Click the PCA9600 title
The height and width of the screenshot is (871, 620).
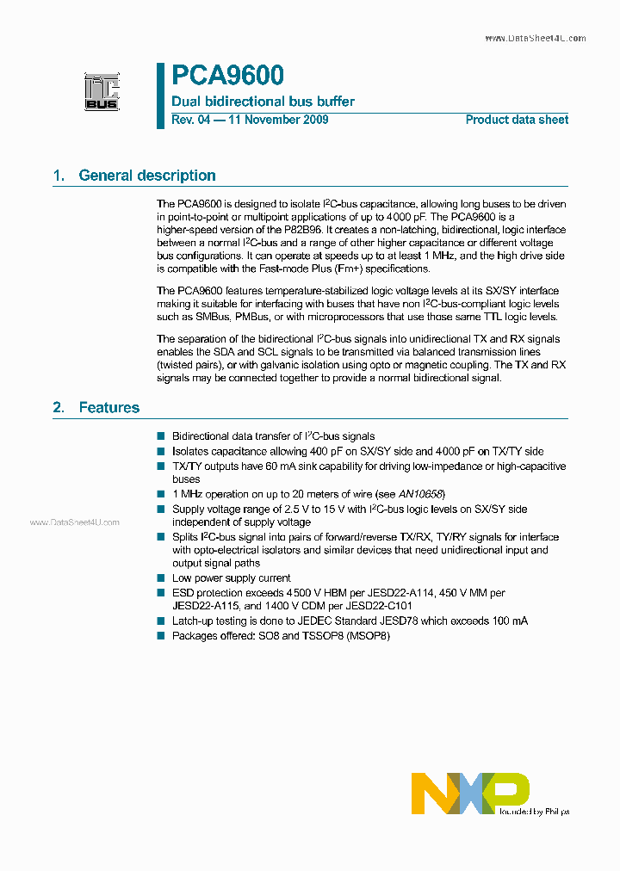[x=227, y=77]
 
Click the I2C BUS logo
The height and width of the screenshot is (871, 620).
[x=102, y=92]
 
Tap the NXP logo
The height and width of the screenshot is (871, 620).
[x=470, y=793]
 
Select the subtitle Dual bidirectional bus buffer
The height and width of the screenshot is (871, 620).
[x=263, y=102]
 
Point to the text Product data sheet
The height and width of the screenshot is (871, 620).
[x=517, y=120]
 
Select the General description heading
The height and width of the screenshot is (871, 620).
[x=146, y=176]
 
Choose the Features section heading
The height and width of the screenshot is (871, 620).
[x=108, y=407]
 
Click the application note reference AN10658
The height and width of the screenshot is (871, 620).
[x=421, y=494]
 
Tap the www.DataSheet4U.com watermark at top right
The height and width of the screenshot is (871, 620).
[x=535, y=39]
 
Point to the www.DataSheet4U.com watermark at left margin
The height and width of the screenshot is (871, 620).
[x=74, y=522]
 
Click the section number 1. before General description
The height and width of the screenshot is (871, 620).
[x=59, y=176]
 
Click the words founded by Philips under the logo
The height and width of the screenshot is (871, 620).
[x=534, y=812]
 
